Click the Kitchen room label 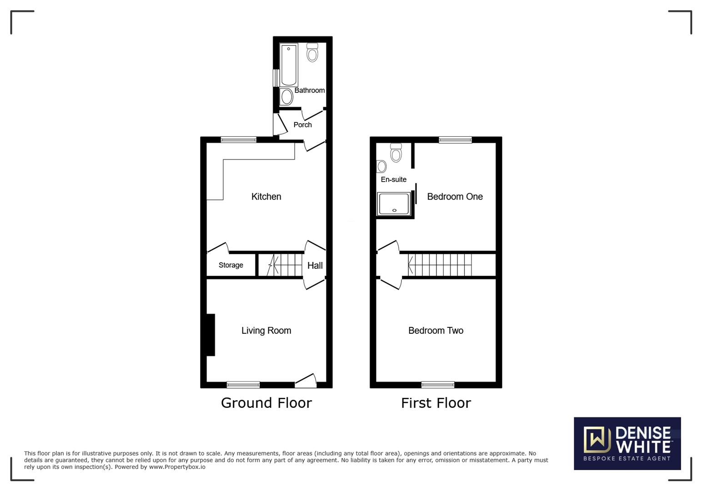tap(266, 196)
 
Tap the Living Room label tap(266, 331)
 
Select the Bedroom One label tap(455, 196)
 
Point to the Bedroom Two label tap(436, 331)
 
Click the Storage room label tap(231, 265)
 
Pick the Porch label tap(302, 125)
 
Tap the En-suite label tap(393, 180)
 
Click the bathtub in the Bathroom tap(289, 65)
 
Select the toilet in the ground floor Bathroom tap(312, 52)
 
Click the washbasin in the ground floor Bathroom tap(286, 97)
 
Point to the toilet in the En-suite tap(396, 153)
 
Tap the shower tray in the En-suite tap(394, 204)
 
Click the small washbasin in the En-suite tap(381, 166)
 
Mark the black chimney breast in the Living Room tap(211, 335)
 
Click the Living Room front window tap(243, 385)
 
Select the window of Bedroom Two tap(438, 385)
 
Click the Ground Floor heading tap(266, 403)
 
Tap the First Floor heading tap(436, 403)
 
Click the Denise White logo tap(627, 443)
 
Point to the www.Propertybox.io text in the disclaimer tap(177, 467)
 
